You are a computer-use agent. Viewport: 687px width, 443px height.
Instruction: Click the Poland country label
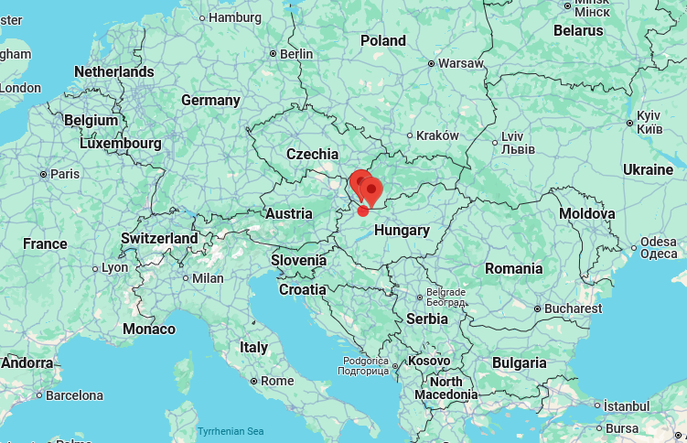(383, 40)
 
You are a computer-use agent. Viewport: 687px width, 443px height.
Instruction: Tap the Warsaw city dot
(431, 64)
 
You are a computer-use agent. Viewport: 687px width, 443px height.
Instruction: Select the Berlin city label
(296, 54)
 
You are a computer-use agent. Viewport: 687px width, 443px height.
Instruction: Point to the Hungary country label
(402, 230)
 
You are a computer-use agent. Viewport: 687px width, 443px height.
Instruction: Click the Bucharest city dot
(537, 309)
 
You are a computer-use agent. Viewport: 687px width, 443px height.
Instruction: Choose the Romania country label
(513, 268)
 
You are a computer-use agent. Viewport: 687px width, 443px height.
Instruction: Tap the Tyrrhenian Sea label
(231, 431)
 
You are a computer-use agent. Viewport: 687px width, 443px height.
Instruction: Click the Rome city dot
(252, 381)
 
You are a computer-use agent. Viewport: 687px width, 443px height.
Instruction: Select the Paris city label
(65, 174)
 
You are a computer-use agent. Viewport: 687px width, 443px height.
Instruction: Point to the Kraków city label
(437, 135)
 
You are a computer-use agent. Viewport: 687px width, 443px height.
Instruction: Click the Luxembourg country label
(120, 144)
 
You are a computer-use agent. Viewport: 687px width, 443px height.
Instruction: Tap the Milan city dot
(184, 278)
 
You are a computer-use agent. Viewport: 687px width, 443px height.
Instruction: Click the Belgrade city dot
(420, 297)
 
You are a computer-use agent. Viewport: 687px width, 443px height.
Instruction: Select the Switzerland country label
(159, 238)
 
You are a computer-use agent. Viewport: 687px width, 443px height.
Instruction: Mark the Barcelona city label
(74, 395)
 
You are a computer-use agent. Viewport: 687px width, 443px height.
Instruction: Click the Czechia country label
(312, 154)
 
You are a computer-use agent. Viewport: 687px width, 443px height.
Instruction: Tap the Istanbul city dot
(596, 405)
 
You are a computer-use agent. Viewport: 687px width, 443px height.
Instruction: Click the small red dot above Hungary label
(363, 211)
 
